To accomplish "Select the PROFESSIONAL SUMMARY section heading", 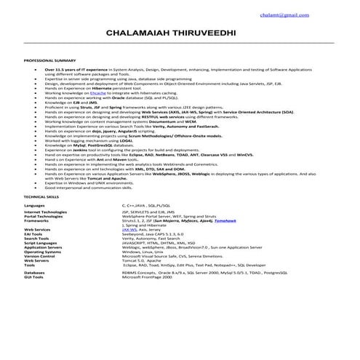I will [x=51, y=60].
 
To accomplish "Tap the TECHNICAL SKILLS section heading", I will [x=42, y=197].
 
